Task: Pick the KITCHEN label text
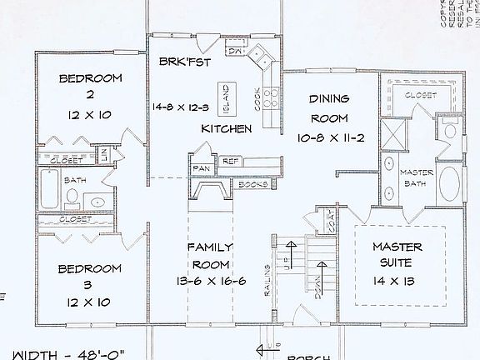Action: click(227, 129)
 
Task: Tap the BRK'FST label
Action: click(183, 61)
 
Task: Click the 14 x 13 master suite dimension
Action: click(397, 282)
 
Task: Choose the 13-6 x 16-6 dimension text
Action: click(210, 281)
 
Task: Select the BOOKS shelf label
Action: click(252, 184)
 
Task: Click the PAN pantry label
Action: click(201, 167)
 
